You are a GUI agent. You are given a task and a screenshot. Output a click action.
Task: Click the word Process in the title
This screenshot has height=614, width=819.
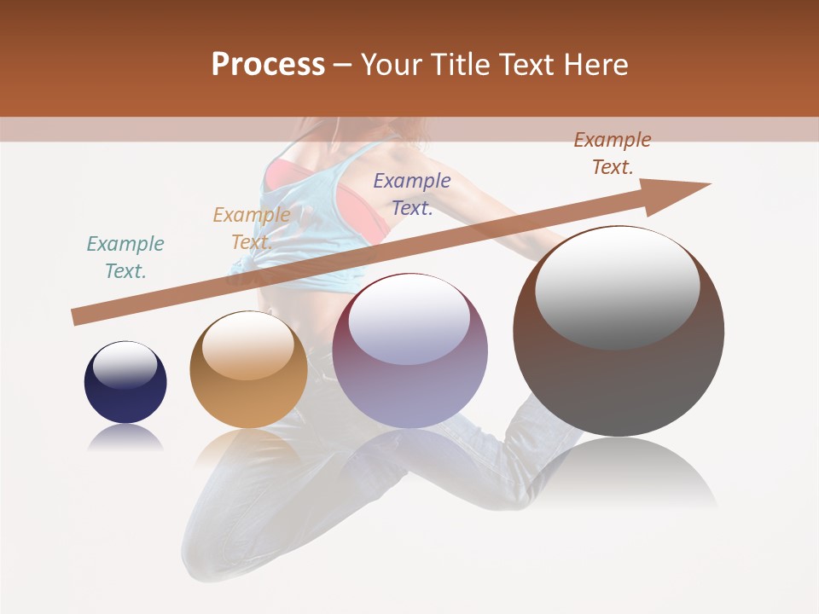tap(268, 65)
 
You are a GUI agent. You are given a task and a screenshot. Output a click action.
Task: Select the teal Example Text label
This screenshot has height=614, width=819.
tap(125, 258)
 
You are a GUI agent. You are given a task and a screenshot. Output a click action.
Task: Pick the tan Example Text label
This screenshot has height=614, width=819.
tap(252, 229)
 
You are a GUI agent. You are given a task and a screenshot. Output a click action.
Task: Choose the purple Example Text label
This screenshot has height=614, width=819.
tap(412, 194)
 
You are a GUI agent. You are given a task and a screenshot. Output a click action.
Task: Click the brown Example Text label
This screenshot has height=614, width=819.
tap(613, 153)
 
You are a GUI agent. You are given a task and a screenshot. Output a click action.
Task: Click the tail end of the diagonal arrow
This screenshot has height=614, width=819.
tap(75, 318)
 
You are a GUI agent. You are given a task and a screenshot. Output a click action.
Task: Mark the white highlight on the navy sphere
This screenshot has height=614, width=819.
tap(125, 365)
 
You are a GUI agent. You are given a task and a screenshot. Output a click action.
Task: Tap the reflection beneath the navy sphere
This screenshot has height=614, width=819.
tap(125, 439)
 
